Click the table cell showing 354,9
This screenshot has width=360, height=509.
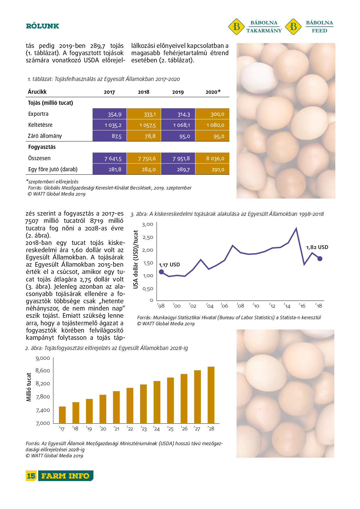(x=110, y=114)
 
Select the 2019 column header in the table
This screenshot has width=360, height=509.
(x=178, y=92)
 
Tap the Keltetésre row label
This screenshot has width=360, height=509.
(x=40, y=125)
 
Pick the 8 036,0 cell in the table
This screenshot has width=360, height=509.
(x=212, y=158)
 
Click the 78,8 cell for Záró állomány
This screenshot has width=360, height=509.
(x=144, y=136)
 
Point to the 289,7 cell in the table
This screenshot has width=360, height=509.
(x=178, y=169)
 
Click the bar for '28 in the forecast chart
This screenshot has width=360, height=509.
(x=211, y=395)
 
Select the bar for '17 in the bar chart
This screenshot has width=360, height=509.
(x=62, y=415)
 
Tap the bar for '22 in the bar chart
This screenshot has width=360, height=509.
(x=130, y=405)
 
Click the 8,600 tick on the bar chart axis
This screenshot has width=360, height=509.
(x=43, y=371)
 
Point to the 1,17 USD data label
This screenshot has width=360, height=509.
(x=169, y=265)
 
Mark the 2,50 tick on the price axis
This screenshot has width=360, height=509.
(x=148, y=237)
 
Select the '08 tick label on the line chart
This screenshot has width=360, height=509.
(x=240, y=306)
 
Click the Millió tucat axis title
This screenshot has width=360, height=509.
(x=29, y=387)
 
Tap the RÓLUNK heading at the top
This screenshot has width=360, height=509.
(x=42, y=26)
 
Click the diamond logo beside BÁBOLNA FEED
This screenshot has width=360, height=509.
(x=293, y=27)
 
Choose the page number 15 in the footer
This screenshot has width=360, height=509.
(x=31, y=476)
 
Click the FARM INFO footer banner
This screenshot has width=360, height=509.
(x=65, y=476)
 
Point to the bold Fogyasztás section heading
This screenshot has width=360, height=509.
(x=42, y=147)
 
